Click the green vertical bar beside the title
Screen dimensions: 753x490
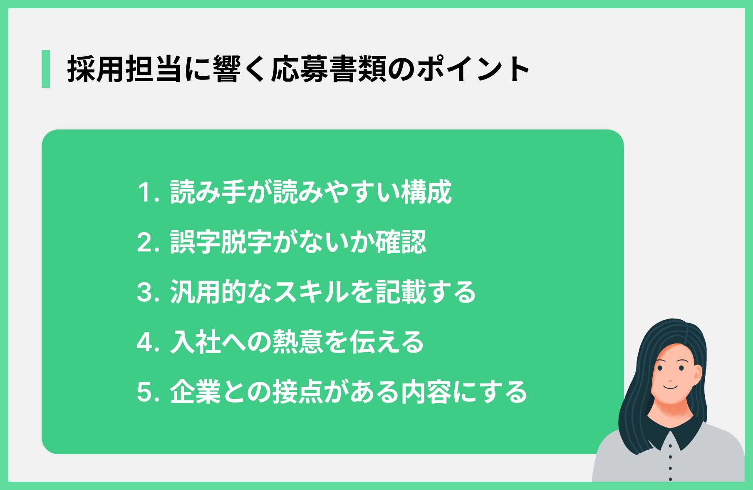46,69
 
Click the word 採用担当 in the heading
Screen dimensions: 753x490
124,69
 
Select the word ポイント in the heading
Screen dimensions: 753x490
473,69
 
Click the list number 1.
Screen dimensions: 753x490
148,193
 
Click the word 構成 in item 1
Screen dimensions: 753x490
426,192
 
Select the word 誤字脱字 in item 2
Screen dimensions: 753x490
221,242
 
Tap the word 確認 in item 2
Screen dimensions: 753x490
401,242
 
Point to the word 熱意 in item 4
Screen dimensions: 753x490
297,342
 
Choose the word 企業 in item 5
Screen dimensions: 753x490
195,392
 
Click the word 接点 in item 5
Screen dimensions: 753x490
297,392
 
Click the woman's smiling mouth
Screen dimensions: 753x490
671,388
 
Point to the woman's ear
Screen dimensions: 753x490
697,375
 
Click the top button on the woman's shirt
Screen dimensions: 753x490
670,446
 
